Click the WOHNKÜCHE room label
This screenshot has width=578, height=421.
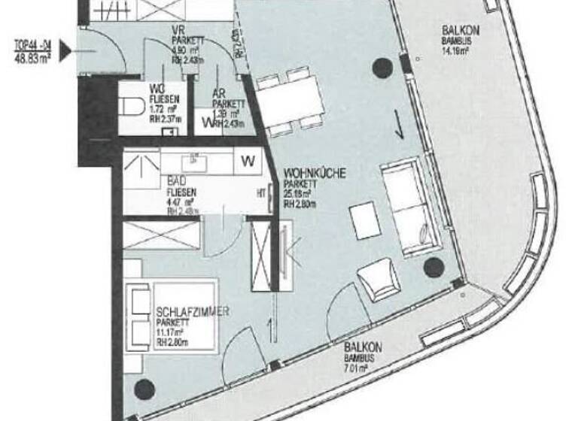click(x=315, y=174)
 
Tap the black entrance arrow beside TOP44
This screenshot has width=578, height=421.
click(x=67, y=51)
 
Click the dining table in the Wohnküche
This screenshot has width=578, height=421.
click(x=290, y=101)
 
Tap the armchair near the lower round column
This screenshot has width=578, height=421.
click(x=379, y=280)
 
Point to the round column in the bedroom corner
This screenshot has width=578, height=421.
click(x=143, y=389)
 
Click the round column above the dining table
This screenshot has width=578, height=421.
click(x=382, y=68)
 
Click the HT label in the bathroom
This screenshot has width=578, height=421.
click(x=261, y=192)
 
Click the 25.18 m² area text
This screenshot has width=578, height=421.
click(x=299, y=194)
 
